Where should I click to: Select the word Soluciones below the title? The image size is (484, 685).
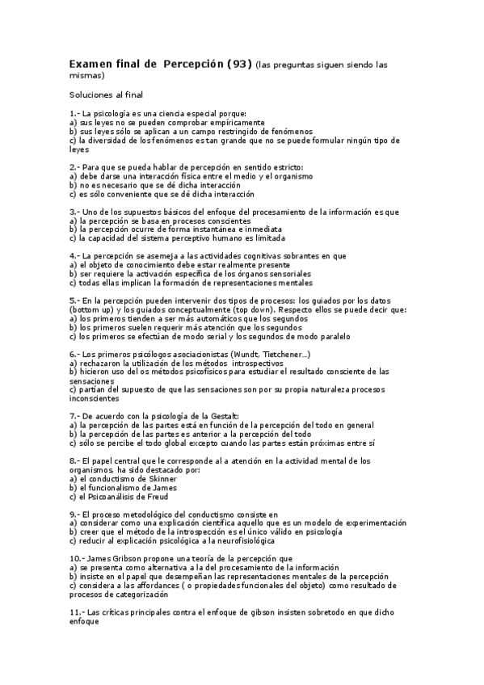point(91,95)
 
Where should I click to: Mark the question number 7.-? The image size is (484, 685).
point(75,415)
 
